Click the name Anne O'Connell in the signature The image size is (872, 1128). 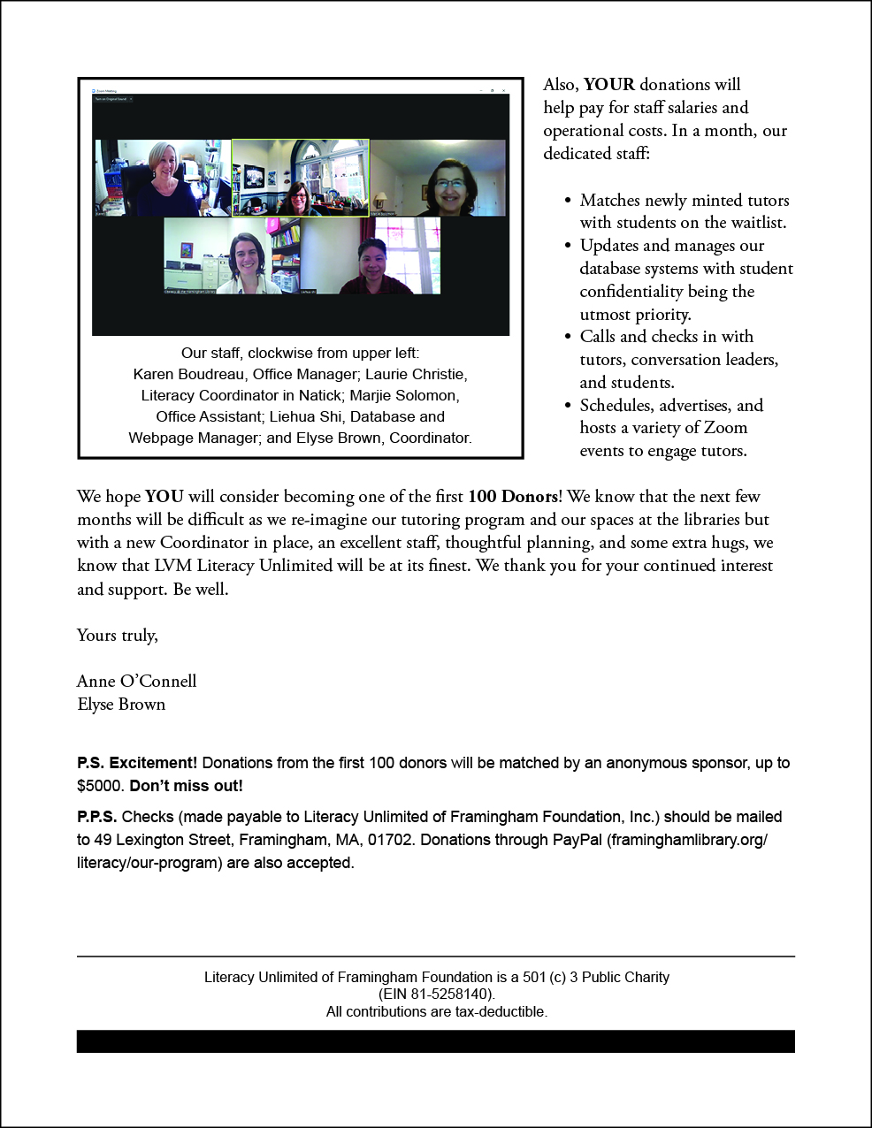136,681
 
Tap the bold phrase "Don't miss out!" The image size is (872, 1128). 186,786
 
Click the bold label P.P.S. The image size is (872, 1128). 97,817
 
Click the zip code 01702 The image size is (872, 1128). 388,840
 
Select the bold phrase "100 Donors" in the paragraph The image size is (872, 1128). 513,497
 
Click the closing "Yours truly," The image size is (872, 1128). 118,636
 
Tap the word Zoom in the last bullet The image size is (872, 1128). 725,428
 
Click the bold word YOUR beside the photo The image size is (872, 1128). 608,85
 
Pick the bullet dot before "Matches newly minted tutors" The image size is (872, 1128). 568,201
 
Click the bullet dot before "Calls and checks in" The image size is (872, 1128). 568,337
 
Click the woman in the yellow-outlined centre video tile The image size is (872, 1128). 299,196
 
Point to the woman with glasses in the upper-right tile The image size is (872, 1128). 449,186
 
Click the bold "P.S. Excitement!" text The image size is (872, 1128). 137,763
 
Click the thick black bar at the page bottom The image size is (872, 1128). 435,1041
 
